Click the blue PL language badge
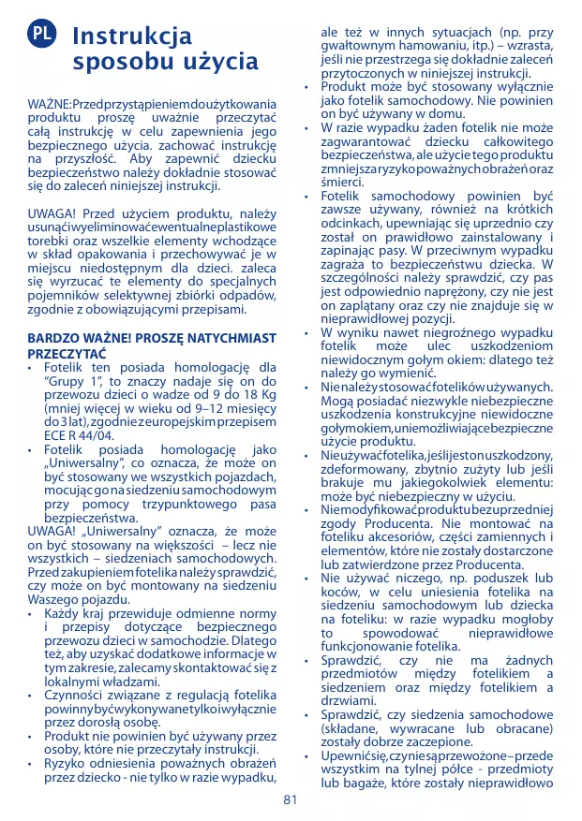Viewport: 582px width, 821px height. coord(42,35)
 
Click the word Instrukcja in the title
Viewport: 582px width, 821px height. coord(132,37)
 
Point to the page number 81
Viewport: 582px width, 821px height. coord(290,799)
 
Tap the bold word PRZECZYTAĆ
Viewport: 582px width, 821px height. coord(67,353)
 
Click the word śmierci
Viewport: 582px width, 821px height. coord(343,182)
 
